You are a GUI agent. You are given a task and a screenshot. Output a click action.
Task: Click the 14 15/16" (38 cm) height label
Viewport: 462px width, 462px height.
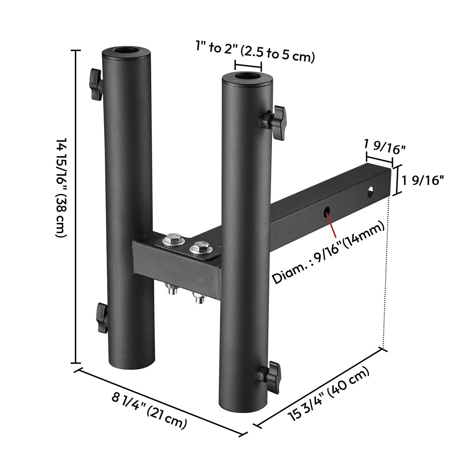(61, 188)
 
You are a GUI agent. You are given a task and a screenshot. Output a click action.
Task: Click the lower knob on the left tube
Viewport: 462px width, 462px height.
(102, 318)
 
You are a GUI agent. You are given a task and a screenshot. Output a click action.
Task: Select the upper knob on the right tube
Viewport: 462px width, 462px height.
(273, 122)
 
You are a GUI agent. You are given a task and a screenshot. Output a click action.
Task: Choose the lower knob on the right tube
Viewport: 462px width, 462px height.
(268, 378)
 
